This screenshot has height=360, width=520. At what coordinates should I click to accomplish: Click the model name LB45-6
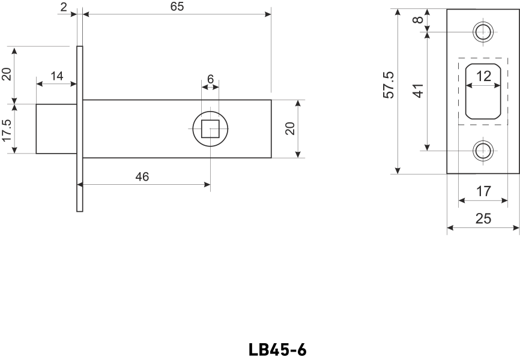click(277, 350)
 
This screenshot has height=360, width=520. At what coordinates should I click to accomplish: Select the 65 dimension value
click(177, 7)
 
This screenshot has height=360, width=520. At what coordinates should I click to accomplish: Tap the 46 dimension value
click(142, 176)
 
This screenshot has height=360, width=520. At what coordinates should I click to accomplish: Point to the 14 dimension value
click(56, 76)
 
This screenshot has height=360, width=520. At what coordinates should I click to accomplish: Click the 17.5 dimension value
click(7, 129)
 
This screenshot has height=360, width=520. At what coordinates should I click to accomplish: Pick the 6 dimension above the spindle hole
click(210, 79)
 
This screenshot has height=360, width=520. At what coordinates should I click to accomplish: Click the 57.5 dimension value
click(388, 85)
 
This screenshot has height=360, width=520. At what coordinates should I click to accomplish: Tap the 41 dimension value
click(419, 91)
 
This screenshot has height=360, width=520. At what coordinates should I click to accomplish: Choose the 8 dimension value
click(419, 19)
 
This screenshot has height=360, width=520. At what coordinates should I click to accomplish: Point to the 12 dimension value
click(483, 76)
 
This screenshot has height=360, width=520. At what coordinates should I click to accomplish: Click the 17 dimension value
click(483, 191)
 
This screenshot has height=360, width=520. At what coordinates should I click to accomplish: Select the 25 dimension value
click(483, 218)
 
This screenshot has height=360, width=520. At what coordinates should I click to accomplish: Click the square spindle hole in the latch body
click(210, 129)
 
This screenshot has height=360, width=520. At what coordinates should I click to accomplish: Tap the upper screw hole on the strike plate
click(483, 31)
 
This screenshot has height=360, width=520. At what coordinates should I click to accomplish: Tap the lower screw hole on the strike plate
click(483, 150)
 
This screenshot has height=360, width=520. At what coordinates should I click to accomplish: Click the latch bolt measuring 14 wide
click(56, 129)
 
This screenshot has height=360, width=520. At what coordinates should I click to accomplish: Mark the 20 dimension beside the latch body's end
click(289, 129)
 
